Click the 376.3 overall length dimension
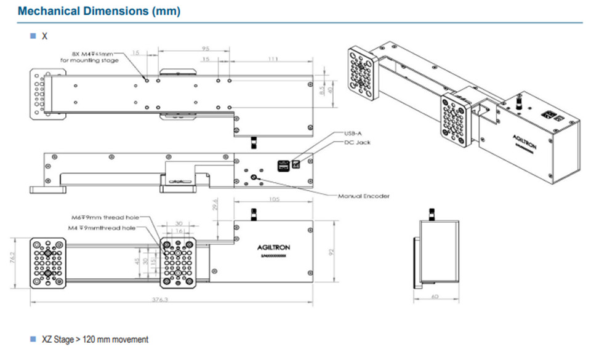[x=168, y=300]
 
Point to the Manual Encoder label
[x=363, y=196]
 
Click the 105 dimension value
[x=275, y=200]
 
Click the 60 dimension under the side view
[x=436, y=297]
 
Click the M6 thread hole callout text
[x=105, y=218]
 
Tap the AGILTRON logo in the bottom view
[x=273, y=248]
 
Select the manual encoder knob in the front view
[x=254, y=177]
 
